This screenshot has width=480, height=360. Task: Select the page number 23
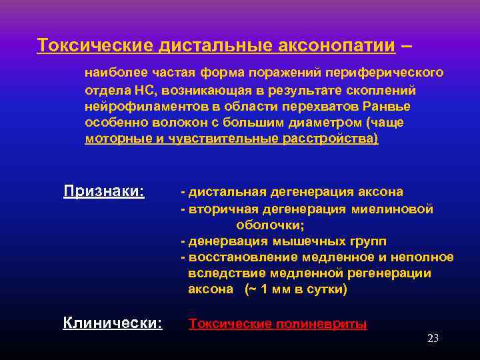coord(433,339)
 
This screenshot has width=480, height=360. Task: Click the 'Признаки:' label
coord(103,192)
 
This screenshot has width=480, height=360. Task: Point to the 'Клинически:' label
coord(112,323)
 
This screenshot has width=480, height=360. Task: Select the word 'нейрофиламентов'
coord(137,107)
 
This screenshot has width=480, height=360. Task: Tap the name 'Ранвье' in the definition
coord(389,107)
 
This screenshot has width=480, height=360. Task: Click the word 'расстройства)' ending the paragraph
coord(335,139)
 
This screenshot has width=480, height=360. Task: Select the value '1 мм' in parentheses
coord(273,289)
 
